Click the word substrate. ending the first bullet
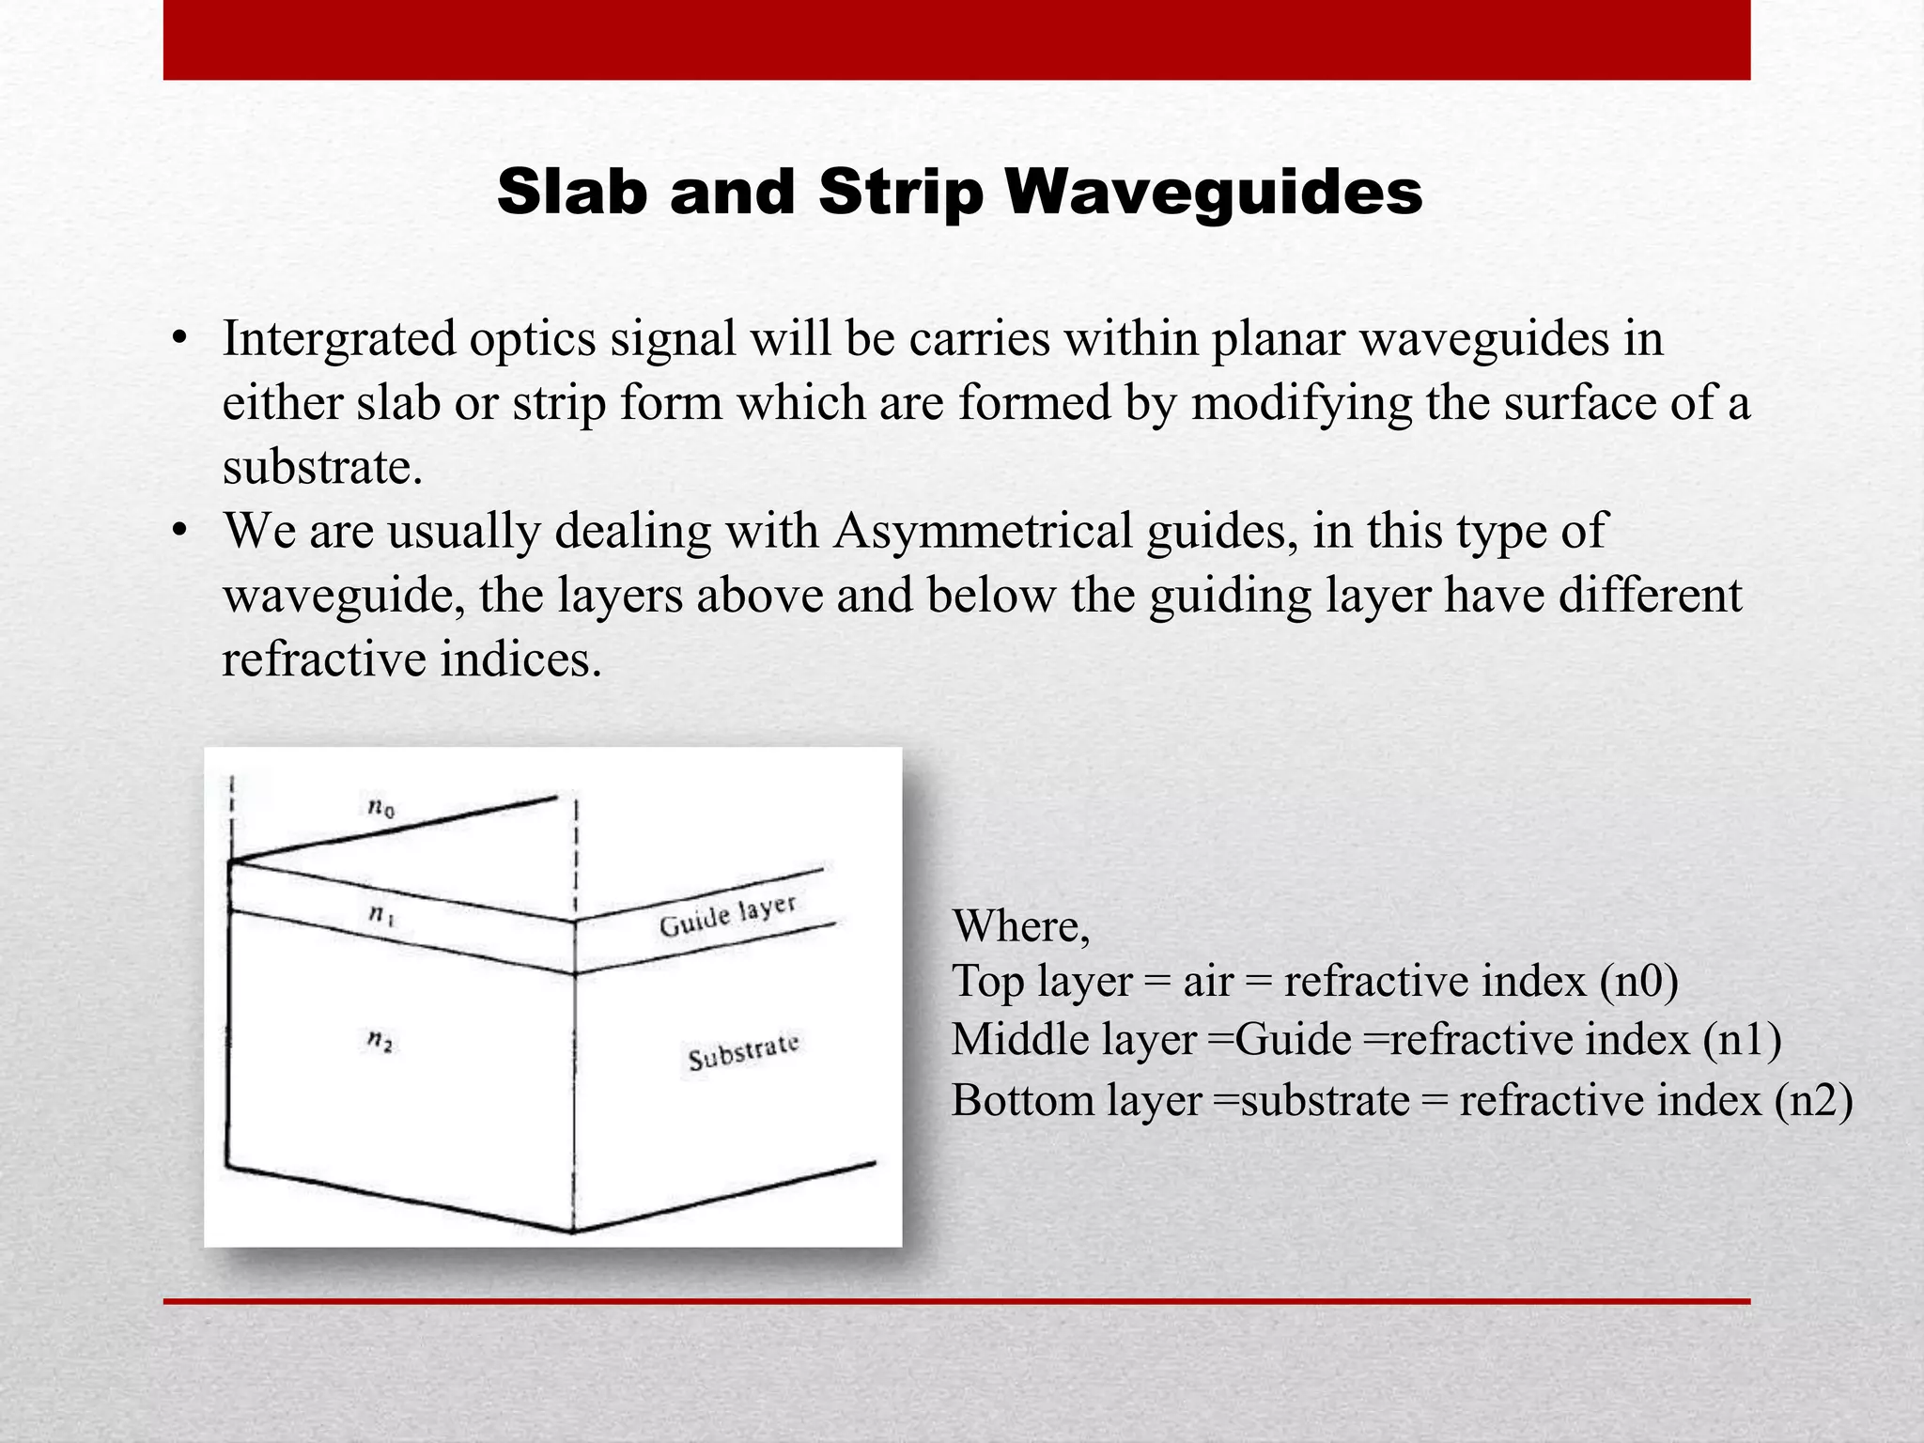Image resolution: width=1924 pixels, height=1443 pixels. (322, 467)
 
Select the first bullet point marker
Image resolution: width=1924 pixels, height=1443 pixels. (180, 340)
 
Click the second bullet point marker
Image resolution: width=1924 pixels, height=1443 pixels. (180, 533)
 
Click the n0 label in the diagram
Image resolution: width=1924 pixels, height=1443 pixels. (380, 806)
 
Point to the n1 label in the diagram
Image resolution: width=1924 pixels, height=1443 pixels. (380, 913)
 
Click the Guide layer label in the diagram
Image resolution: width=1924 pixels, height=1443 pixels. (727, 916)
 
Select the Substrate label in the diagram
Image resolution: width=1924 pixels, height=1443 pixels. (743, 1052)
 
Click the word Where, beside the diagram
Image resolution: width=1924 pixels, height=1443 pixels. (1021, 926)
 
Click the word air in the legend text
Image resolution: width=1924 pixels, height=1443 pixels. (1207, 982)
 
